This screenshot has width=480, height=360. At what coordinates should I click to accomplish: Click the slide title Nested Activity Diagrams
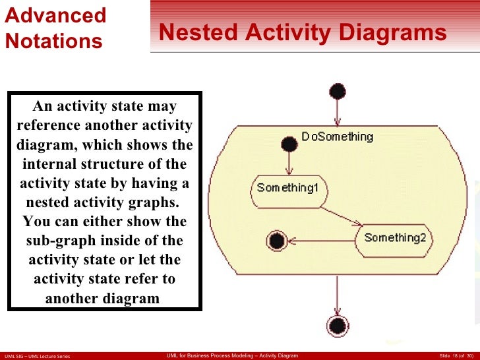pos(303,33)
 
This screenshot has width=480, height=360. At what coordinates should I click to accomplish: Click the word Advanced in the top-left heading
pos(55,15)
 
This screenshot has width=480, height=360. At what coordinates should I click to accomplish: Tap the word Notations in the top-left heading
pos(54,42)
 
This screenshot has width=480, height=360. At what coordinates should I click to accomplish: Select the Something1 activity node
pos(287,188)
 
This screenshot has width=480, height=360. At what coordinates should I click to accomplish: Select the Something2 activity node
pos(394,237)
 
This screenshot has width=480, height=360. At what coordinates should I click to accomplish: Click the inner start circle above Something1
pos(288,143)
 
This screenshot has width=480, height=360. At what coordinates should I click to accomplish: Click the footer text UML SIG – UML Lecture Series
pos(38,356)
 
